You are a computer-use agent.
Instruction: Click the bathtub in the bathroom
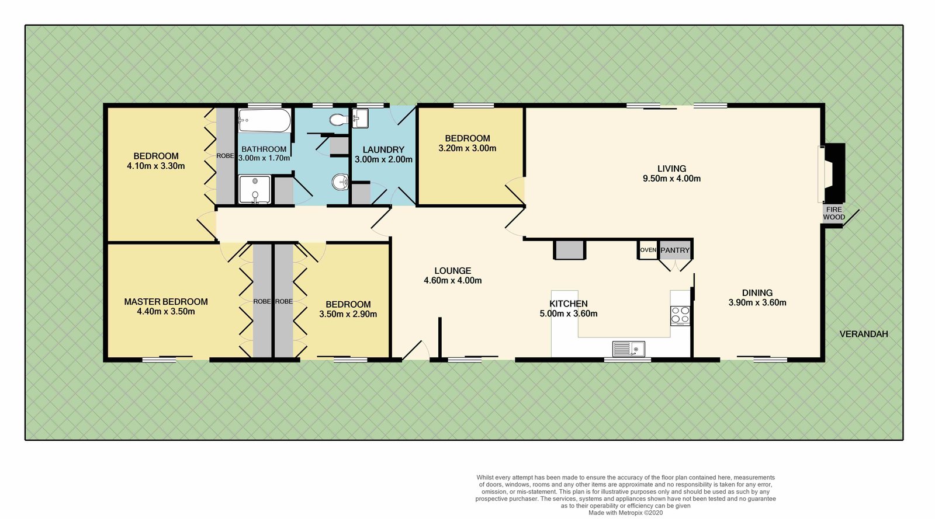click(264, 121)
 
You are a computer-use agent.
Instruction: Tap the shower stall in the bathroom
click(255, 190)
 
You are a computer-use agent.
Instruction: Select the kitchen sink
click(629, 349)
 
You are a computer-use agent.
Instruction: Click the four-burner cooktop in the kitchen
click(680, 316)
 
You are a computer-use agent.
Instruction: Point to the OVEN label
click(648, 250)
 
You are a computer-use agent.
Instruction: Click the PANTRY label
click(675, 250)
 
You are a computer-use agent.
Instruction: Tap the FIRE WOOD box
click(833, 214)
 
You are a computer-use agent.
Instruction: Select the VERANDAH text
click(864, 334)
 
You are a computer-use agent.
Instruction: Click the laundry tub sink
click(360, 118)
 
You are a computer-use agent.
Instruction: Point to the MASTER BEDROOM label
click(166, 301)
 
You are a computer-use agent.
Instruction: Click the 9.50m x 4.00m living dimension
click(671, 179)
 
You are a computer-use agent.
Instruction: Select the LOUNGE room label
click(453, 270)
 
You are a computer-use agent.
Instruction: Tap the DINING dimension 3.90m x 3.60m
click(757, 302)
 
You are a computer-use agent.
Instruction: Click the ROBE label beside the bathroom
click(225, 156)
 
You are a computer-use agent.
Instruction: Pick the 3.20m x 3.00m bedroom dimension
click(467, 148)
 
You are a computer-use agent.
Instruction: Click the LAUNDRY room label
click(383, 149)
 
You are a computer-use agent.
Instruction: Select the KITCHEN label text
click(569, 304)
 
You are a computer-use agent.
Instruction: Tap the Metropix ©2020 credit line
click(625, 513)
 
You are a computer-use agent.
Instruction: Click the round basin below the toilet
click(341, 182)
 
